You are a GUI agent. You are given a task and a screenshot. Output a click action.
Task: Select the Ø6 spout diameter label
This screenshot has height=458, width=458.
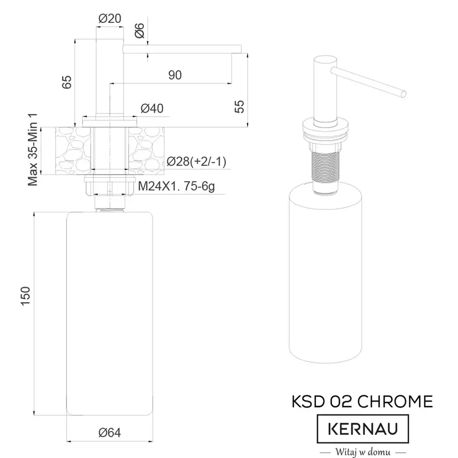pos(141,32)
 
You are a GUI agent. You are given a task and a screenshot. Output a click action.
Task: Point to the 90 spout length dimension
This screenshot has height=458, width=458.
pos(175,75)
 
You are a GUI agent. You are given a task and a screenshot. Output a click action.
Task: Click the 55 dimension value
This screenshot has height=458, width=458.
pos(239,105)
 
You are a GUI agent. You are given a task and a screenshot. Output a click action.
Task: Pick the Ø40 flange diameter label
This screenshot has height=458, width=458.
pos(152,108)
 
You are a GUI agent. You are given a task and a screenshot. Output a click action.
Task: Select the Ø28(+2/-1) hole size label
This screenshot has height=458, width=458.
pos(196,162)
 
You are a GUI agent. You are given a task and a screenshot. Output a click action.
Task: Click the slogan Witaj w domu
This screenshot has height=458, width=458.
pos(362,451)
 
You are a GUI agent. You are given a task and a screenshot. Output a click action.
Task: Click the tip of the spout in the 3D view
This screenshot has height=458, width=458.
pos(404,93)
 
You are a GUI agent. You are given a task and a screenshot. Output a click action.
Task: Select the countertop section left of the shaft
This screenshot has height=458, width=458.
pos(73,151)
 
